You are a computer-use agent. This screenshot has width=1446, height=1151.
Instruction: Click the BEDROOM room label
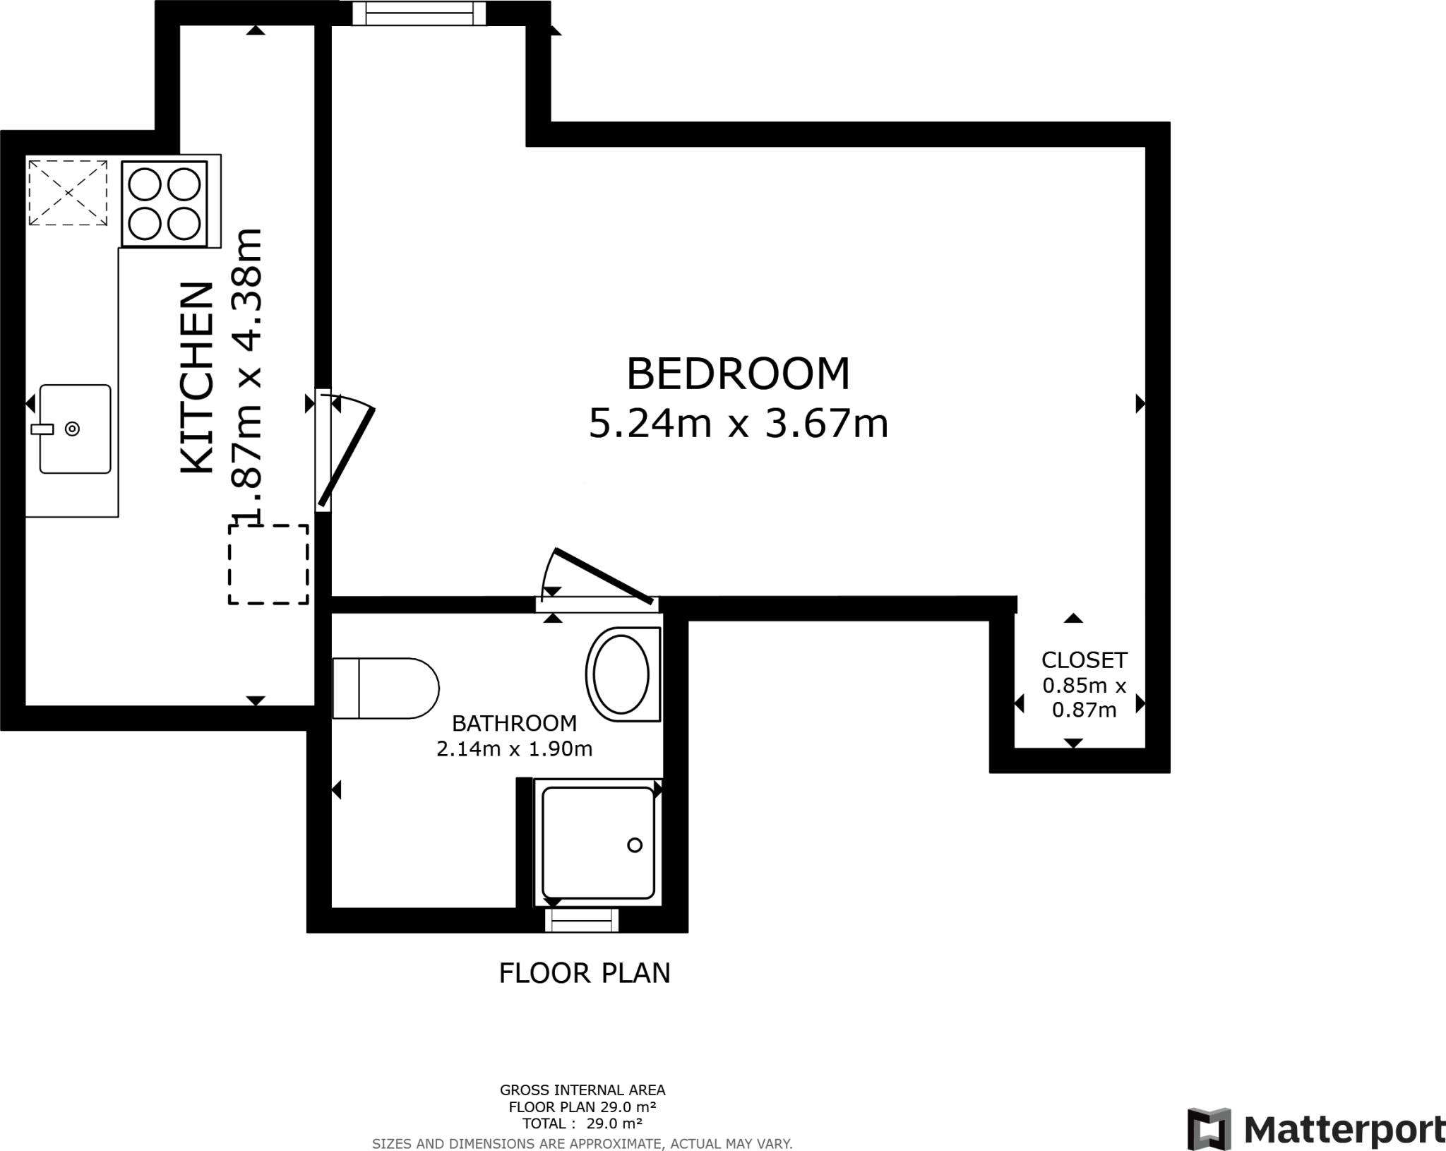tap(738, 374)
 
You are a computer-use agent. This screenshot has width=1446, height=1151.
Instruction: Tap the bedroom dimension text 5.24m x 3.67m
tap(738, 424)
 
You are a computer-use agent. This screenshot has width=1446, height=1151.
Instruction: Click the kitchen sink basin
tap(76, 429)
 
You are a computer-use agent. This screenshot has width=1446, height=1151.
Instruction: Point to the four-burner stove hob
tap(165, 204)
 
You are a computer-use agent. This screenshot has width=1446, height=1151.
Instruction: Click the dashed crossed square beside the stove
tap(68, 193)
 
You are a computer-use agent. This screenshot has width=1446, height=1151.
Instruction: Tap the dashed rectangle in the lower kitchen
tap(268, 564)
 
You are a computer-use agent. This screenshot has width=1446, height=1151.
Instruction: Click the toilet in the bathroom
tap(386, 688)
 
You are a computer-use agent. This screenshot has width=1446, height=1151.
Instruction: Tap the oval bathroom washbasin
tap(621, 674)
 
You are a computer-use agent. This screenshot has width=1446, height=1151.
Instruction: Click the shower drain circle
tap(635, 845)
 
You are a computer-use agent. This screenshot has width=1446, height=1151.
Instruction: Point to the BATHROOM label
tap(514, 723)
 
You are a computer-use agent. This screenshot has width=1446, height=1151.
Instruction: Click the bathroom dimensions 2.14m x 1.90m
tap(514, 749)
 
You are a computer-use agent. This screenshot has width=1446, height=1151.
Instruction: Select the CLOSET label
tap(1084, 660)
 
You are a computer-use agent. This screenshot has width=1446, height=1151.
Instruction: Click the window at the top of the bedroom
tap(419, 13)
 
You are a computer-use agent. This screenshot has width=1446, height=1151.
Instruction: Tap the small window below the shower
tap(582, 921)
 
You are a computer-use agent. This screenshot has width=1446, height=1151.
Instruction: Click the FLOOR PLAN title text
tap(585, 973)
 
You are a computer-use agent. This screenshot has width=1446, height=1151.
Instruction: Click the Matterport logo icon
tap(1209, 1129)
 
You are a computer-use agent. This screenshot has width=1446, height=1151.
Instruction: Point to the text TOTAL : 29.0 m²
tap(582, 1123)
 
